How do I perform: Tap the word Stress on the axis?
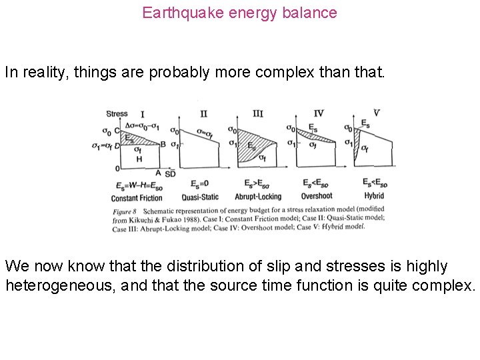click(x=117, y=114)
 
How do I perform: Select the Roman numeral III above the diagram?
click(x=257, y=113)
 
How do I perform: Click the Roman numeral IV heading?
click(x=318, y=113)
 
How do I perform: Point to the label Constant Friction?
click(x=137, y=197)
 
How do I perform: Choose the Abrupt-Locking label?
click(x=258, y=197)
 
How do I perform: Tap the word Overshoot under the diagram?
click(x=316, y=196)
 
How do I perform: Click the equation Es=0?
click(x=199, y=184)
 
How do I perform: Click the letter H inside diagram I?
click(x=139, y=159)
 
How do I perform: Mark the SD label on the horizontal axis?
click(x=170, y=173)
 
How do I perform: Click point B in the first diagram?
click(x=163, y=144)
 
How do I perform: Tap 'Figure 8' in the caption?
click(x=124, y=210)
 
